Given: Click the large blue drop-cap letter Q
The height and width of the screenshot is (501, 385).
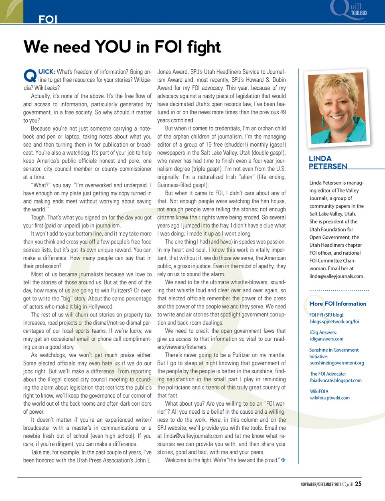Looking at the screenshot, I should [30, 75].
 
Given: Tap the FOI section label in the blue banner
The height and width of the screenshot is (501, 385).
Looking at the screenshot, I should [48, 19].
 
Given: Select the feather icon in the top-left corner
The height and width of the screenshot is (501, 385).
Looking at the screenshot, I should [11, 11].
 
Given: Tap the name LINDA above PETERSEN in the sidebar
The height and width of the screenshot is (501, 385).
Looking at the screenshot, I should [320, 159].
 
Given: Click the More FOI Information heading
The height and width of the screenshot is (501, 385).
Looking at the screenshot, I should [338, 304].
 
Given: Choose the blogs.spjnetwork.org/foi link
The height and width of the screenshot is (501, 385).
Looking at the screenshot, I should [334, 321].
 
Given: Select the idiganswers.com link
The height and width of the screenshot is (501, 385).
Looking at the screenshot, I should [326, 339].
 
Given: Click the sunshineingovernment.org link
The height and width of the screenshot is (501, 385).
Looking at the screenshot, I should [337, 363].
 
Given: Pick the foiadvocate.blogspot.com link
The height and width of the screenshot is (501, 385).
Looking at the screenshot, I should [336, 380].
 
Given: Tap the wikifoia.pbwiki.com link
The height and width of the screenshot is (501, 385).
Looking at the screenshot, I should [330, 398].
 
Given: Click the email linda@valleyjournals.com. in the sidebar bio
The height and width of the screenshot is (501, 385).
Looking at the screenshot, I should [337, 276].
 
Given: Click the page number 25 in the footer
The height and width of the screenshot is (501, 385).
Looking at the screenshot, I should [358, 484].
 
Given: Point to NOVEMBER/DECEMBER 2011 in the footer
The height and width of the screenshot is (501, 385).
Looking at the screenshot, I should [320, 484].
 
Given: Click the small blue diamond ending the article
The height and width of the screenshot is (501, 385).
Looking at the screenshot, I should [283, 460].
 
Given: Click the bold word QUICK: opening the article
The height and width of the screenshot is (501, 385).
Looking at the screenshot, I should [47, 72].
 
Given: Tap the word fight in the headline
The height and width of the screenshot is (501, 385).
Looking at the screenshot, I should [204, 47].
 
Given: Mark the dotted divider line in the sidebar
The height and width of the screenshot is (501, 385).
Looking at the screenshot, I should [339, 290].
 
